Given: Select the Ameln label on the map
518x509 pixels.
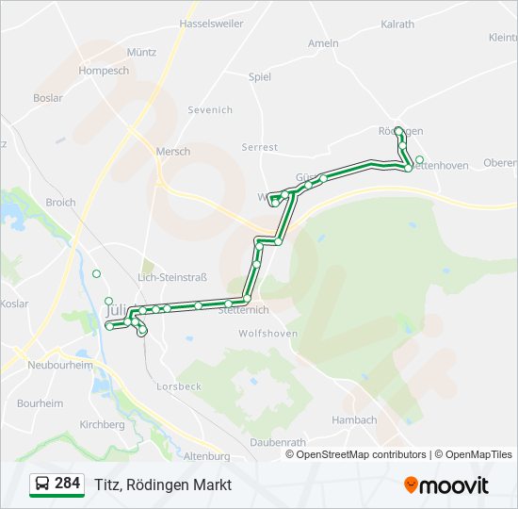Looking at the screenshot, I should tap(323, 43).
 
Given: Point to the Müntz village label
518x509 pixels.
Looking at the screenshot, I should tap(140, 53).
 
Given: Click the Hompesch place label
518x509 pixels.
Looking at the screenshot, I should tap(105, 71).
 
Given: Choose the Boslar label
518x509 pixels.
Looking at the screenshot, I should tap(48, 97).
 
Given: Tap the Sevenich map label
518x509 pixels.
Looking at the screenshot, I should tap(210, 110).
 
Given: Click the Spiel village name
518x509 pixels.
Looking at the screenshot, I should tap(259, 77).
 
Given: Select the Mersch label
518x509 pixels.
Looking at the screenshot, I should tap(173, 151).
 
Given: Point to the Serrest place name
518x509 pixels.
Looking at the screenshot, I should tap(260, 147).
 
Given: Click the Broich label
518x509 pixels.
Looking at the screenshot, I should tap(60, 203).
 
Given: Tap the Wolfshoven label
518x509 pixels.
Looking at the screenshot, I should tap(268, 334).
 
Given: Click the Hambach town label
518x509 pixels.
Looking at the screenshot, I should tap(355, 420).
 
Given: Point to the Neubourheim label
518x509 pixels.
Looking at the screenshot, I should tap(59, 365).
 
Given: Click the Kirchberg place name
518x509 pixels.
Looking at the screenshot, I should tap(103, 425).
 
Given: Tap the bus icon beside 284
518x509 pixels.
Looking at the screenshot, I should tap(41, 484).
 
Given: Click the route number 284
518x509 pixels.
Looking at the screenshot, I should tap(68, 484).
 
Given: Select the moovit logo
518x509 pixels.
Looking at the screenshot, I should tap(446, 485).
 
